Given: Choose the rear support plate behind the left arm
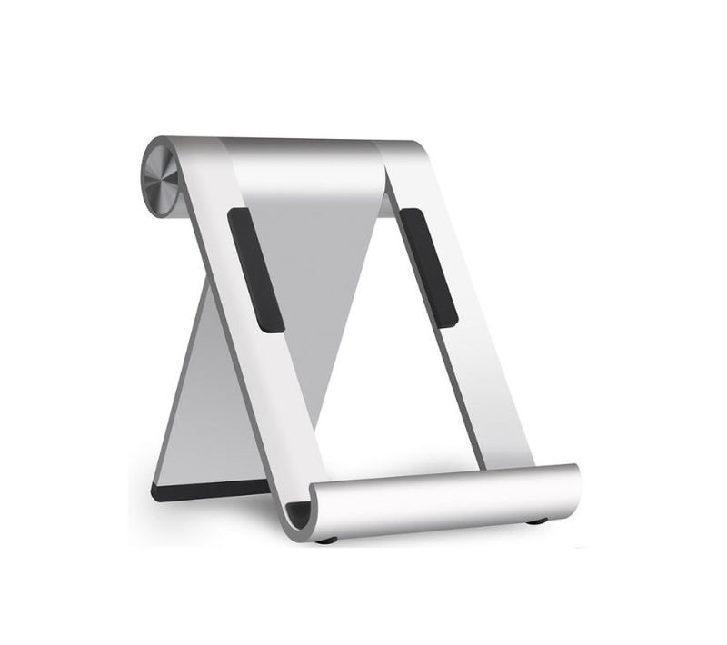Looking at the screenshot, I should [x=209, y=400].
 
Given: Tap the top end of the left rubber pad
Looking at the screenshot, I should [x=239, y=216].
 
